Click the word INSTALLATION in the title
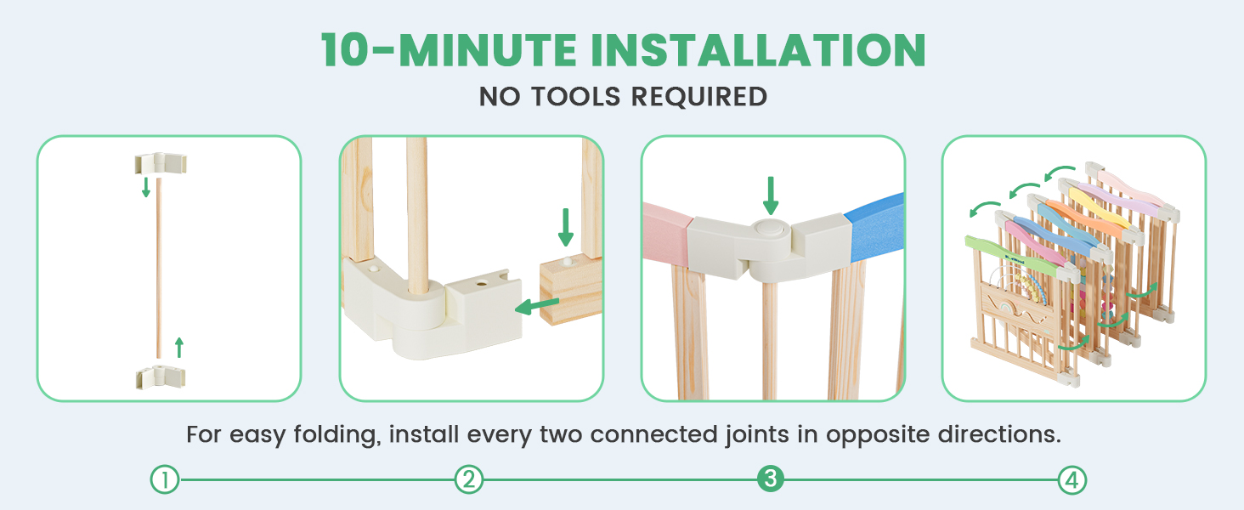758,50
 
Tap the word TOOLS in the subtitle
575,97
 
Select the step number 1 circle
165,479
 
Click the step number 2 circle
469,479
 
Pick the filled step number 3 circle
771,479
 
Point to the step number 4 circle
1072,479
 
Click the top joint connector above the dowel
161,163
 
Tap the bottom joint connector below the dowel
161,377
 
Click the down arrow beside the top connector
146,187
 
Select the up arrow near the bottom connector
178,347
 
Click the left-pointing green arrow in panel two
537,305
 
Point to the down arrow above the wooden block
566,227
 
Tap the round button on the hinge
770,228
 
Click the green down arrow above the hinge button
771,195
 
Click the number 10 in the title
344,50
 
